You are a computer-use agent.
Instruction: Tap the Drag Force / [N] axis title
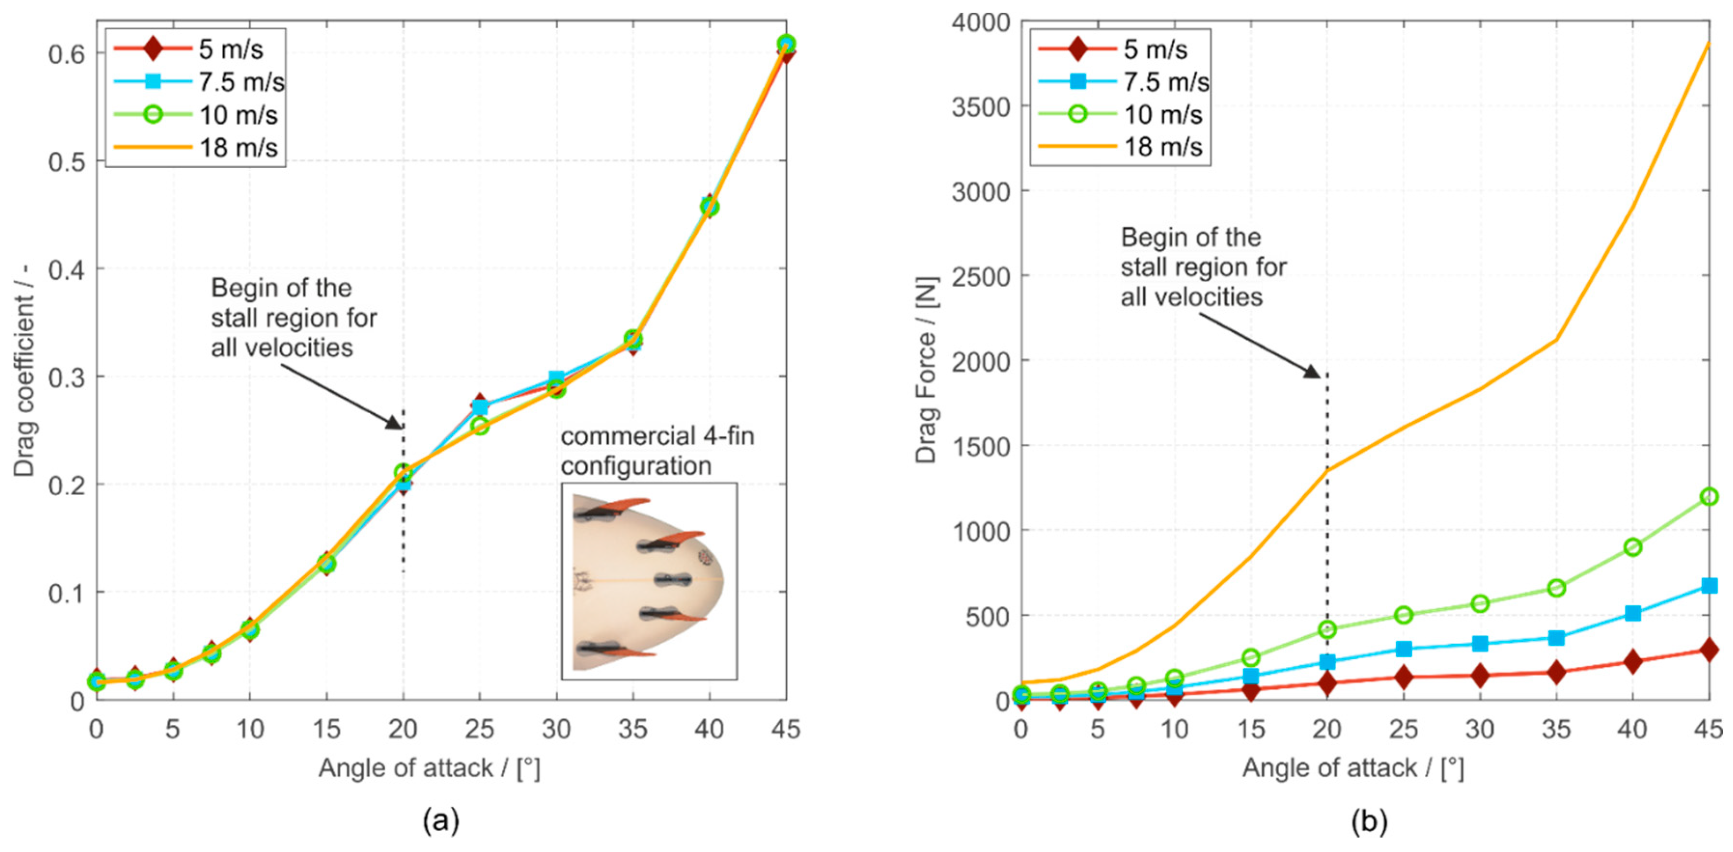tap(927, 369)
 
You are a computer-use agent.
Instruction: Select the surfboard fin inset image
tap(649, 581)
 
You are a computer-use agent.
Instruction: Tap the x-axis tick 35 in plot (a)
tap(633, 729)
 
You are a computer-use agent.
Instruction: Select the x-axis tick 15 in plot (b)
tap(1250, 729)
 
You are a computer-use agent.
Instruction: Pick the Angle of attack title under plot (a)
tap(429, 768)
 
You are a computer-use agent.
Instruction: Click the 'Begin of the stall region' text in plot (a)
tap(294, 317)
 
